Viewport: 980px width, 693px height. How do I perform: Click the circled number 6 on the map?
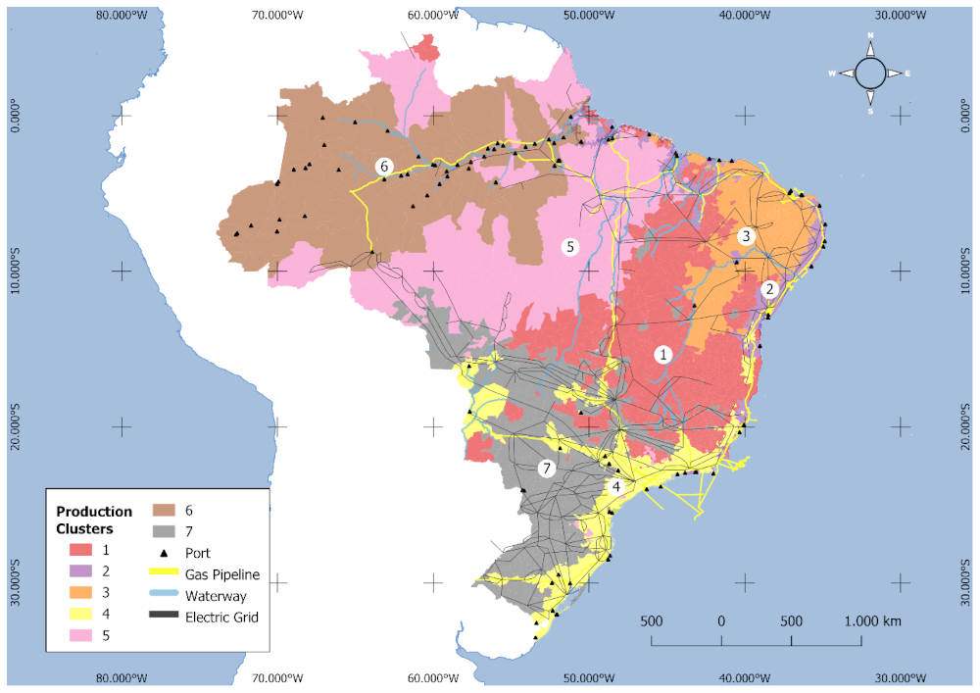(384, 167)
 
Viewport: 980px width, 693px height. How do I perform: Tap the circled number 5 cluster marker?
(570, 247)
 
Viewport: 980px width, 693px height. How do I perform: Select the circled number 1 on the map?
(663, 355)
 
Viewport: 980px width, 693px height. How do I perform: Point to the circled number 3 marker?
(746, 236)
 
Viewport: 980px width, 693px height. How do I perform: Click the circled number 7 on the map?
(547, 469)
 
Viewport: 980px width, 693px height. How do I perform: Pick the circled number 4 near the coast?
(616, 486)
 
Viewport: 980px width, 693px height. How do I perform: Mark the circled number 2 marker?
(770, 289)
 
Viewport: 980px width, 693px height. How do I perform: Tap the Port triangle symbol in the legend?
(163, 553)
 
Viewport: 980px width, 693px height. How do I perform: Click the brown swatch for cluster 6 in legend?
(163, 511)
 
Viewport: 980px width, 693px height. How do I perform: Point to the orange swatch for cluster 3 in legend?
(70, 592)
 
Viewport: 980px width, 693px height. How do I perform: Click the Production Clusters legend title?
(94, 520)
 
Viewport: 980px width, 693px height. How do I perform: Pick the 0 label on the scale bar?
(721, 621)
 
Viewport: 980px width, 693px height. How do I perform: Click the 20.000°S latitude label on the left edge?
(16, 426)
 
